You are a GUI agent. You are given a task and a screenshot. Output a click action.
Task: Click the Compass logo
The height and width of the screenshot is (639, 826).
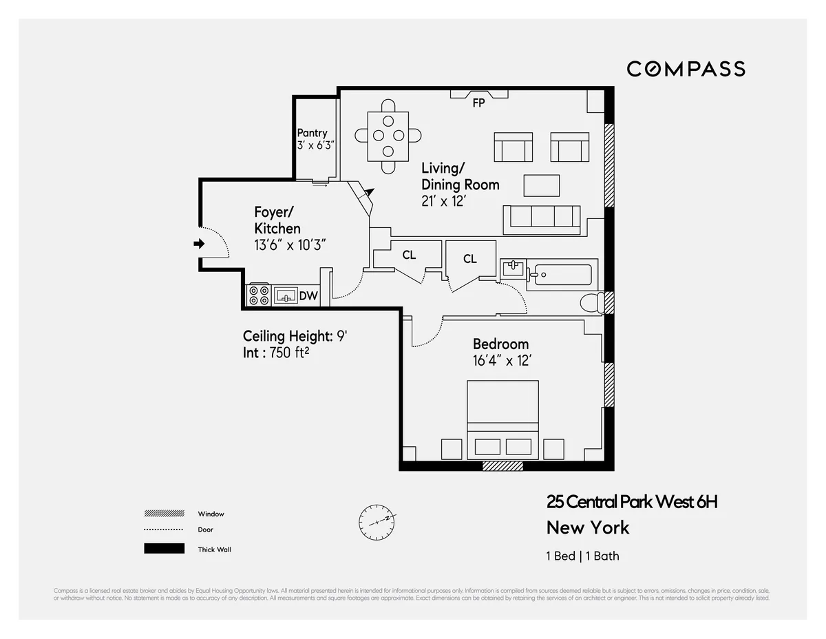[x=686, y=69]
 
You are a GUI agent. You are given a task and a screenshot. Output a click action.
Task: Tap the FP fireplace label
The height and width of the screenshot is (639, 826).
[x=478, y=103]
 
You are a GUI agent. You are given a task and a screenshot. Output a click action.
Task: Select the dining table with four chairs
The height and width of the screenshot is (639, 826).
[x=388, y=136]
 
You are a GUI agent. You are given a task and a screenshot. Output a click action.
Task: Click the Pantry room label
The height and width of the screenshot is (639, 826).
[x=312, y=133]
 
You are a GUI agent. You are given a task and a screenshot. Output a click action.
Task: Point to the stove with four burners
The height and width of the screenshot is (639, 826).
[x=259, y=295]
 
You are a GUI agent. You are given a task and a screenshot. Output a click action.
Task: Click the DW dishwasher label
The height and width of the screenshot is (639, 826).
[x=308, y=296]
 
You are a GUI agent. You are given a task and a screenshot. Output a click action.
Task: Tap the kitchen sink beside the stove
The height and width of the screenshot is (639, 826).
[x=285, y=296]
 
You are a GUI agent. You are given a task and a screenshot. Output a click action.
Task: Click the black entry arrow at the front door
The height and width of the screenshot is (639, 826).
[x=199, y=243]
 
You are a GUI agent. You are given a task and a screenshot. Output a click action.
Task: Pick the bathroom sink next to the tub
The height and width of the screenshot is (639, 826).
[x=513, y=269]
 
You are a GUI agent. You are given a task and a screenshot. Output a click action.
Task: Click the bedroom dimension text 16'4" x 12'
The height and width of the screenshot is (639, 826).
[x=501, y=360]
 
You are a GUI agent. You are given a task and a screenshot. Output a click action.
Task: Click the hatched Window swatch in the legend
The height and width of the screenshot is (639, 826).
[x=164, y=514]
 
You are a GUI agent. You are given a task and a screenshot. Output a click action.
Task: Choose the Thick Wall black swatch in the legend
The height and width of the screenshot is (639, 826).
[x=164, y=549]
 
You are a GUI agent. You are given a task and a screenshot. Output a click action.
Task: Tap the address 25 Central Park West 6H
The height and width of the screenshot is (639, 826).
[x=631, y=502]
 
